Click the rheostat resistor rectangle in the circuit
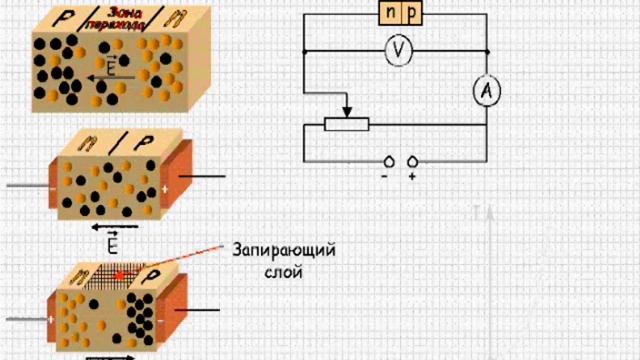(x=347, y=124)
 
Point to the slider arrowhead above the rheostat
(x=347, y=112)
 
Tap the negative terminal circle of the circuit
(x=386, y=161)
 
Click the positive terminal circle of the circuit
(x=412, y=161)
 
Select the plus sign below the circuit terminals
(x=412, y=176)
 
